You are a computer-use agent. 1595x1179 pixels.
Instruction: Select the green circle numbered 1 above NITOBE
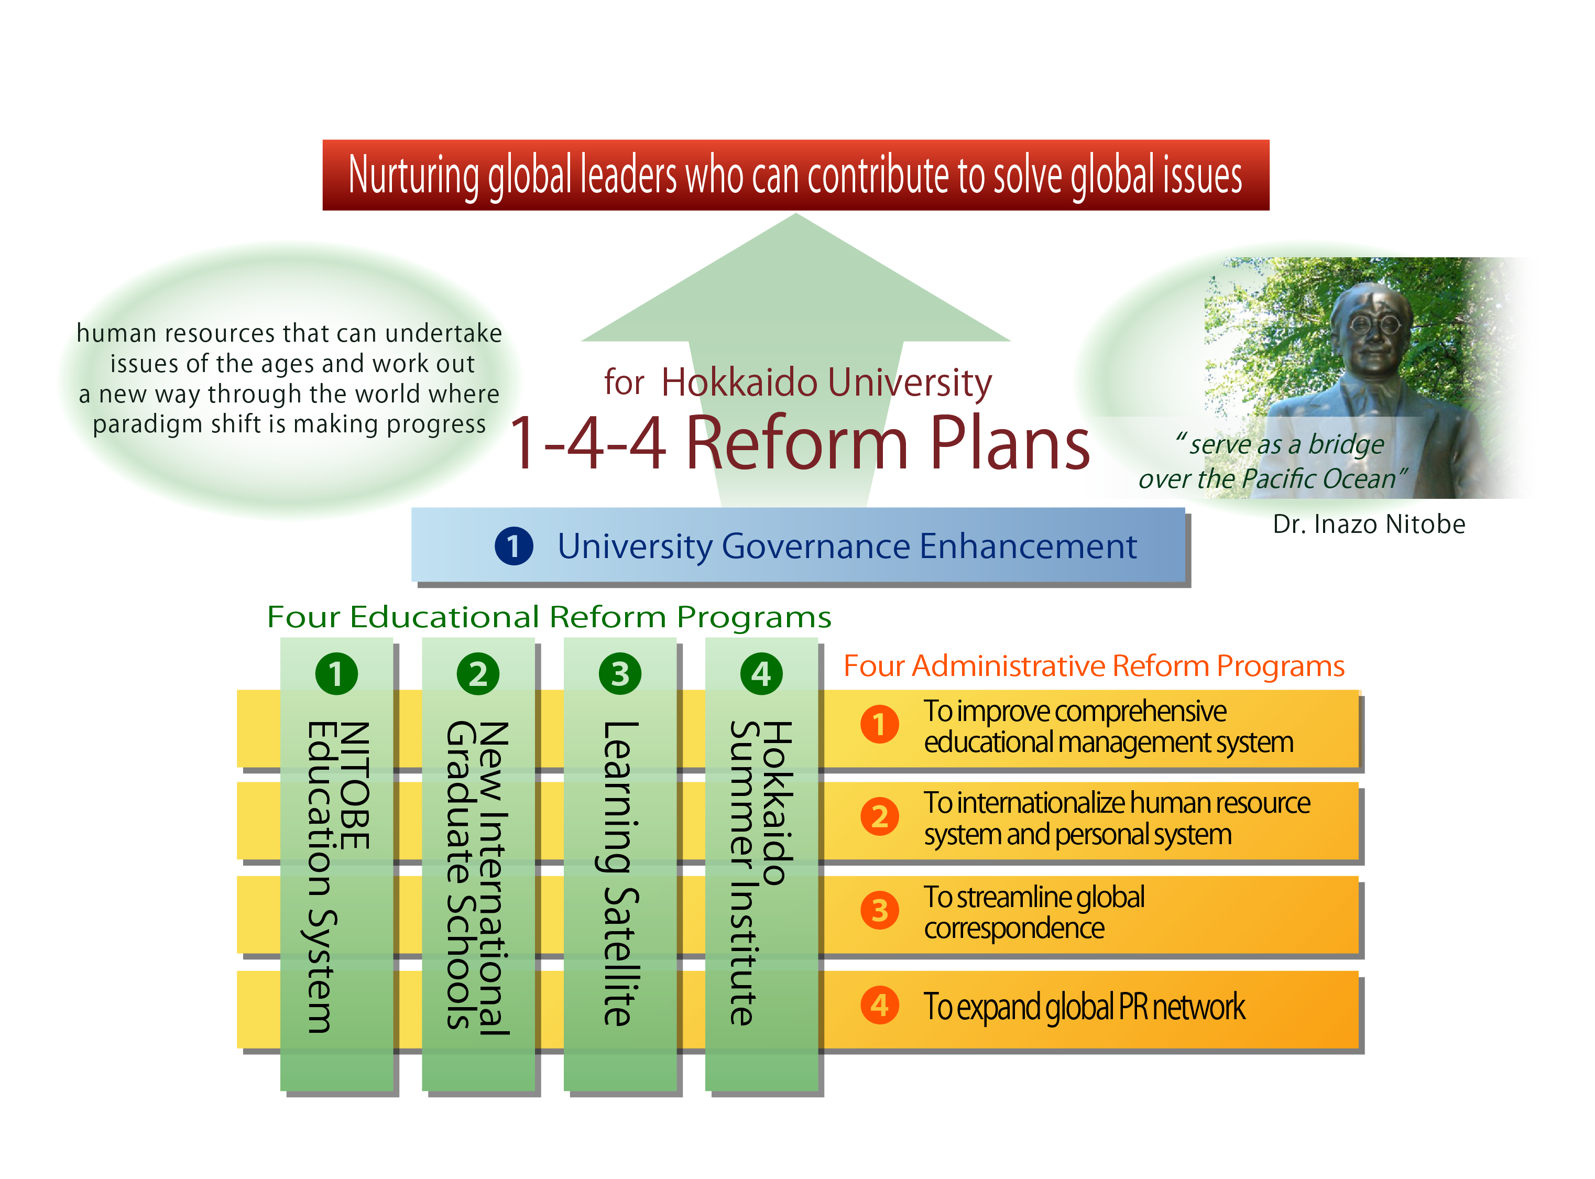click(336, 674)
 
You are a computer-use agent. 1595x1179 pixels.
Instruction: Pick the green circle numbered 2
click(478, 674)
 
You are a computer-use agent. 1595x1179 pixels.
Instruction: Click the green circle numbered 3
click(620, 674)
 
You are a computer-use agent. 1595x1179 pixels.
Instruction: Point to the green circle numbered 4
click(761, 674)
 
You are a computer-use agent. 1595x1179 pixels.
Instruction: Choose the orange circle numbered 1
click(880, 724)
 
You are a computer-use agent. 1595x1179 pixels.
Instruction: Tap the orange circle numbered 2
click(880, 817)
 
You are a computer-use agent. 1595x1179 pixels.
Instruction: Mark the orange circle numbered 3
click(880, 911)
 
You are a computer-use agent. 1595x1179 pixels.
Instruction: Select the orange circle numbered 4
click(880, 1006)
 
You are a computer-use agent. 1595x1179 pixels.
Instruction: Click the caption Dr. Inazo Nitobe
click(1369, 525)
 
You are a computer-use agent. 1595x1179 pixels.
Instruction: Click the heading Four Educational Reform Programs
click(549, 617)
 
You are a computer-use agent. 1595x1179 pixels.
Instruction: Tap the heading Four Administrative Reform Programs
click(1094, 667)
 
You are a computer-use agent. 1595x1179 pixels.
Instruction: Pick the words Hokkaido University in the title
click(826, 383)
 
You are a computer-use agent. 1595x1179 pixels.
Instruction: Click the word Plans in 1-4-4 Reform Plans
click(1010, 443)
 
